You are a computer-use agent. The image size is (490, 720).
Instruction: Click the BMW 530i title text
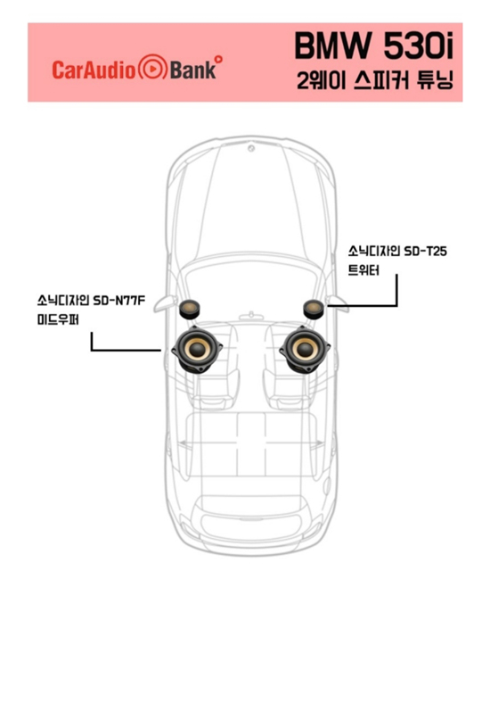(x=373, y=46)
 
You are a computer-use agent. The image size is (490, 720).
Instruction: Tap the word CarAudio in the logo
(x=94, y=70)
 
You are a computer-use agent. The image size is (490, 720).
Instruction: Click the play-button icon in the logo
(x=152, y=68)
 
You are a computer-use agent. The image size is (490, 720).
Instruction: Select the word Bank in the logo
(x=192, y=70)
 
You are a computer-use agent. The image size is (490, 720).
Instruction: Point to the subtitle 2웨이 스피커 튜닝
(x=375, y=80)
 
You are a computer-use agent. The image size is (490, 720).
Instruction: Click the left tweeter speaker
(x=189, y=310)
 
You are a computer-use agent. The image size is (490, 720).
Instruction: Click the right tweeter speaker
(x=314, y=309)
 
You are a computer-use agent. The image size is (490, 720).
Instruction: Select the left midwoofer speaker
(x=197, y=350)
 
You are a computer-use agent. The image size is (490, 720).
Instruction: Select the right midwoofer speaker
(x=305, y=350)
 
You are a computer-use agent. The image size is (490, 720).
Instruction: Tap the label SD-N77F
(x=119, y=301)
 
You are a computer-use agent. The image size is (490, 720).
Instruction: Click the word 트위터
(x=363, y=270)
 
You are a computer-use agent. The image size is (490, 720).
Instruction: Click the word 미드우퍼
(x=58, y=319)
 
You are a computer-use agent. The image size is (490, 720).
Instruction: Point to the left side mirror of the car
(x=164, y=303)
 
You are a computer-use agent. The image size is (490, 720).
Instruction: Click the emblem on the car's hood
(x=251, y=148)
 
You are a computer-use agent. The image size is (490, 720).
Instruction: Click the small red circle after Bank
(x=218, y=59)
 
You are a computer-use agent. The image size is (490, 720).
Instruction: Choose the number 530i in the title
(x=418, y=46)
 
